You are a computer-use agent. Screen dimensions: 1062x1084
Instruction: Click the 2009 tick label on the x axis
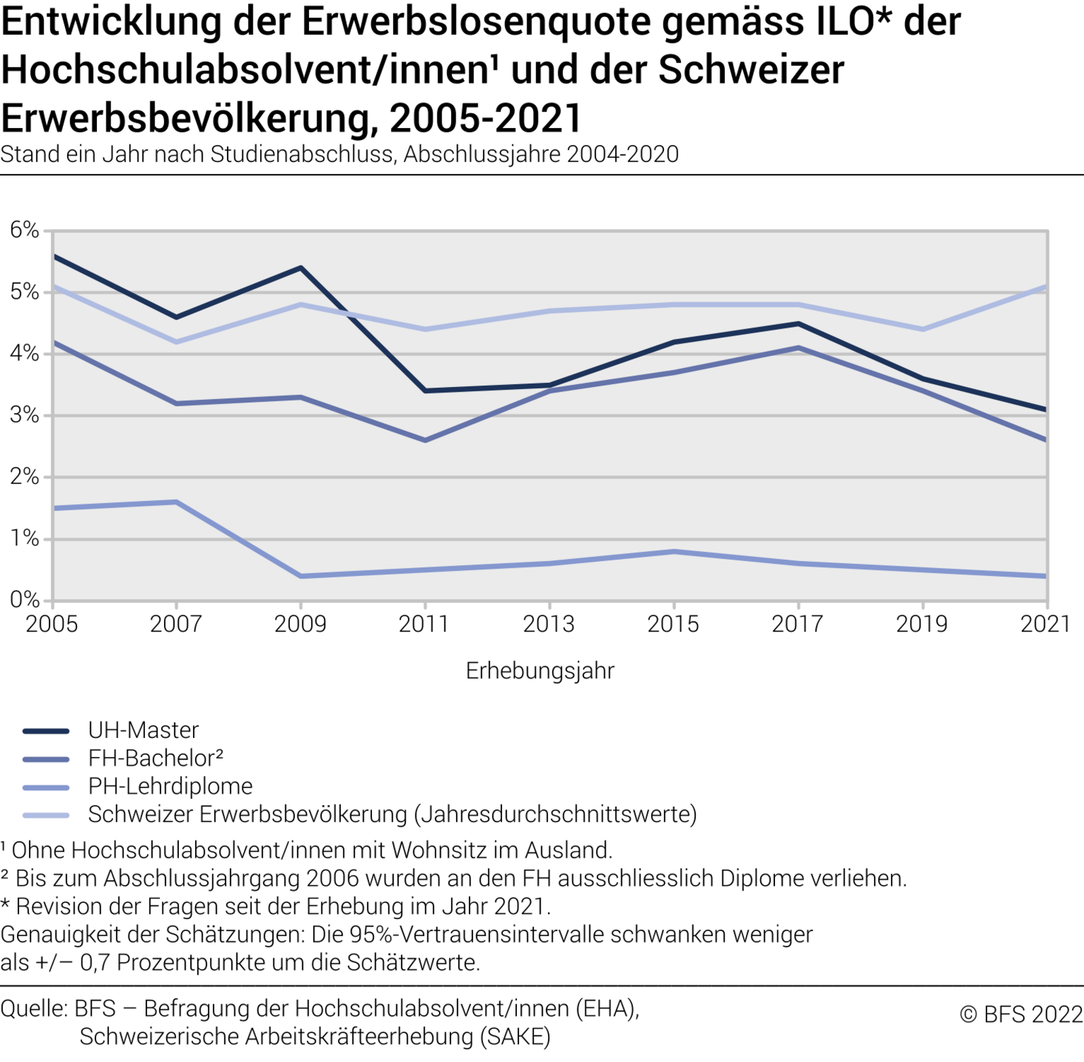300,624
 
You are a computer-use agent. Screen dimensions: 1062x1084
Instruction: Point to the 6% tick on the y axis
24,230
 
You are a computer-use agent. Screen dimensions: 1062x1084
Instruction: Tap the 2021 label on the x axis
1045,624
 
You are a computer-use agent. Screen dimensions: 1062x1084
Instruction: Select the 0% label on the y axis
24,600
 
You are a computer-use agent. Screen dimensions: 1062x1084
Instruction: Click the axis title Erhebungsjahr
540,671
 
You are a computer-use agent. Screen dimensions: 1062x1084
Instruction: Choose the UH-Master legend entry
143,731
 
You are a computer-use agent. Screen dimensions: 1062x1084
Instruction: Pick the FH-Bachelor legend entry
155,758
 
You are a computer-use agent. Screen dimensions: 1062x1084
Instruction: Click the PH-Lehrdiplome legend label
170,786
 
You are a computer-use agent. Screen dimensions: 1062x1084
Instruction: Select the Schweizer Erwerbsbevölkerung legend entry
392,814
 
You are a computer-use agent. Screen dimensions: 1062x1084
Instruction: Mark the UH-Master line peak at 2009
300,268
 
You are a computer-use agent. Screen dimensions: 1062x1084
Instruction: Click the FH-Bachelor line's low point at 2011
425,441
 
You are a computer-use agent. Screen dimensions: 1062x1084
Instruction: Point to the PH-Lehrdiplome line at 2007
176,502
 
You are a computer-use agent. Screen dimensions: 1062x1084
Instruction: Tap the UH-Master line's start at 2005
54,256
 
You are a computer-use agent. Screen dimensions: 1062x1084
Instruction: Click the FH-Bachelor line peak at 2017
799,348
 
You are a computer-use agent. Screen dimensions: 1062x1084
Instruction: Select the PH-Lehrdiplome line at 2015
674,552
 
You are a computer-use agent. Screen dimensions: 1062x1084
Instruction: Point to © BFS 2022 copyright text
1021,1015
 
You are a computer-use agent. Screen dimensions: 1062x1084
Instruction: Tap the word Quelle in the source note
33,1009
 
